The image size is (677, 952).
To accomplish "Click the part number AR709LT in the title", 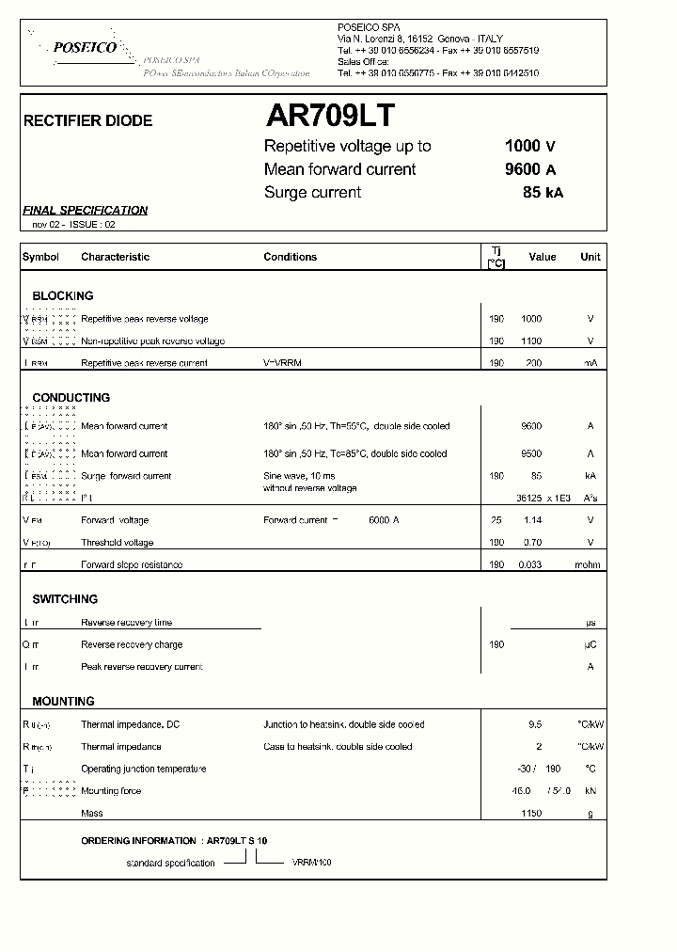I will click(x=331, y=116).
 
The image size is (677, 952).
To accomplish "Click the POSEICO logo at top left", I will click(x=85, y=47).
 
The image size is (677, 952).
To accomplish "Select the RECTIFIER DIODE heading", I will click(x=87, y=121).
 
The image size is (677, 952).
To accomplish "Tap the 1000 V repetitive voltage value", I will click(x=530, y=146).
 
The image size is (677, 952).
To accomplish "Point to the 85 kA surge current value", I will click(x=543, y=193).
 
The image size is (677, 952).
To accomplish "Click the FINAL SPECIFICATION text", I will click(x=86, y=211).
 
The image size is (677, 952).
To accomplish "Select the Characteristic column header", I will click(x=116, y=257).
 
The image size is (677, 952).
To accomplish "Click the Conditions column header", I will click(x=290, y=257).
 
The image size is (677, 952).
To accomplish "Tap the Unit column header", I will click(x=590, y=257).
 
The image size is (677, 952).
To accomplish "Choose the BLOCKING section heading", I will click(x=63, y=295).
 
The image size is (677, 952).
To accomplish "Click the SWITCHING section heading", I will click(x=65, y=599).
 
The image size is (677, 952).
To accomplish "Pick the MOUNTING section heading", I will click(x=63, y=702).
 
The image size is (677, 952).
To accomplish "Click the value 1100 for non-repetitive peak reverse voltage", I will click(x=531, y=341).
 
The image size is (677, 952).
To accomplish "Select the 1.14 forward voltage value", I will click(x=531, y=520).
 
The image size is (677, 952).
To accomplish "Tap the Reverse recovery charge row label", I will click(x=132, y=645).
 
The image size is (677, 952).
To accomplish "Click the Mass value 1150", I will click(x=531, y=814).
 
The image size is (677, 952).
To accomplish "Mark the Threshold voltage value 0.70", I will click(x=531, y=543).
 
